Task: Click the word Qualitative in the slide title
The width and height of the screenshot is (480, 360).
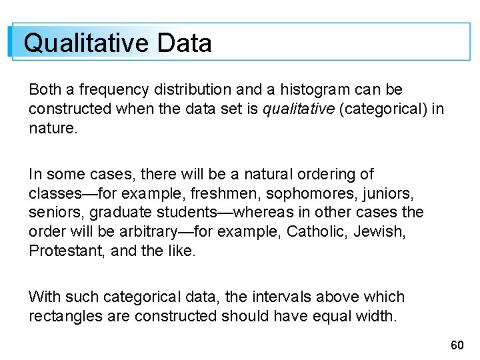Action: click(x=86, y=43)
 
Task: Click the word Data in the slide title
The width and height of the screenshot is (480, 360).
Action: click(x=185, y=43)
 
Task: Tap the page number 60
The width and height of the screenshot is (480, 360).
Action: click(x=457, y=345)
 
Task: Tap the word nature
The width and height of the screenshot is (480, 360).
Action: click(x=53, y=127)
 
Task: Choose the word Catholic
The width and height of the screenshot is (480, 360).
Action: click(x=315, y=232)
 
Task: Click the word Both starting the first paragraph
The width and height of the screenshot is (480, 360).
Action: click(x=45, y=89)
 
